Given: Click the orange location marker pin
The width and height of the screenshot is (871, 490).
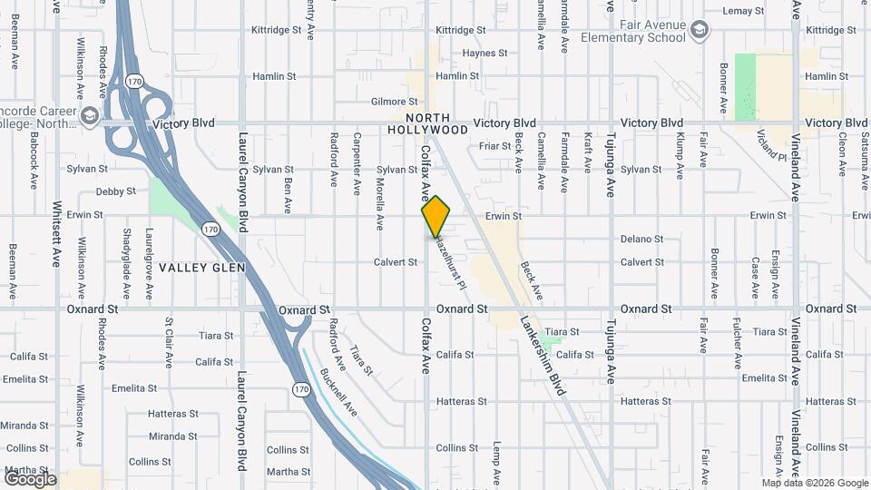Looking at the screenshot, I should (x=436, y=216).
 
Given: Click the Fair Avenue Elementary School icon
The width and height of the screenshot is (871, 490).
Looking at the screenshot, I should (x=700, y=31).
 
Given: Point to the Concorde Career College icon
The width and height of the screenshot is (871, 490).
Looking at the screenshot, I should (x=90, y=116).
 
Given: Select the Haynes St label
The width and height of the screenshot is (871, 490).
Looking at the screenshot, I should (x=484, y=54).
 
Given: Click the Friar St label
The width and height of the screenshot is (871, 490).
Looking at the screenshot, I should (x=495, y=145).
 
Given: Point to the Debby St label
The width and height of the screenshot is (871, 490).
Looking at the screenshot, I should (x=115, y=191).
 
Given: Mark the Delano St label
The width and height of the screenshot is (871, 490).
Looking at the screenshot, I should (x=642, y=240).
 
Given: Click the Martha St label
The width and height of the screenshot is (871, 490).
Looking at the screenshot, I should (x=289, y=472).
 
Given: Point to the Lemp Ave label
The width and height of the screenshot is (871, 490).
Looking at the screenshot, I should (x=496, y=458).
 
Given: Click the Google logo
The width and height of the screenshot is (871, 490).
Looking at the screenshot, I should (x=30, y=479).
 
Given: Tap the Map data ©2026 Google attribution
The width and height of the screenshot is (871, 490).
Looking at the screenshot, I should (x=815, y=483).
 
